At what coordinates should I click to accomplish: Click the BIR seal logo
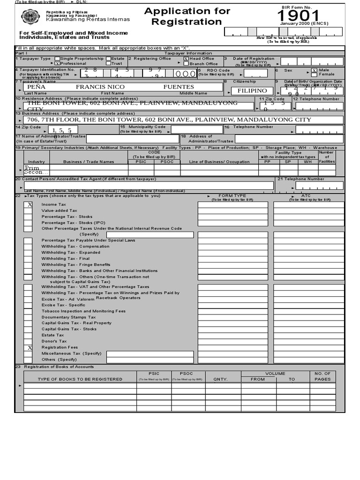pos(31,17)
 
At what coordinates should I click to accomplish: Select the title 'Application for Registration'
pos(187,16)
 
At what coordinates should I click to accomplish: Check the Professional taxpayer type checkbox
pos(57,63)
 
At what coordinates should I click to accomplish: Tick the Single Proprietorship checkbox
pos(57,59)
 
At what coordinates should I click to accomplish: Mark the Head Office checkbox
pos(186,59)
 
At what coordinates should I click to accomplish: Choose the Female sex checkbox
pos(315,74)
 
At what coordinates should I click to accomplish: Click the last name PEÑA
pos(37,87)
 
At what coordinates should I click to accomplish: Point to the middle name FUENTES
pos(179,87)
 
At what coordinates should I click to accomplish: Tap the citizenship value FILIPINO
pos(252,90)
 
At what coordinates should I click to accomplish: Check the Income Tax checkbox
pos(28,205)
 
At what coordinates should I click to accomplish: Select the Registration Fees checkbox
pos(28,348)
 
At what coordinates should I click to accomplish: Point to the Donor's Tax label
pos(54,341)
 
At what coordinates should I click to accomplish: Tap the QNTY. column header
pos(220,379)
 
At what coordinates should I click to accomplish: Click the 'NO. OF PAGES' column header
pos(322,376)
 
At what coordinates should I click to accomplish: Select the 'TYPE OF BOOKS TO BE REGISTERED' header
pos(80,379)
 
